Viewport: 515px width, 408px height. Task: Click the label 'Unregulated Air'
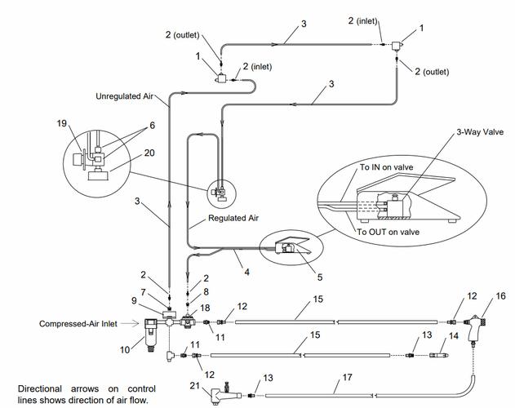124,96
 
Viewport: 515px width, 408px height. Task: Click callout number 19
61,123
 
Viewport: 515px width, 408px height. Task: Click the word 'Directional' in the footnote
40,388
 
